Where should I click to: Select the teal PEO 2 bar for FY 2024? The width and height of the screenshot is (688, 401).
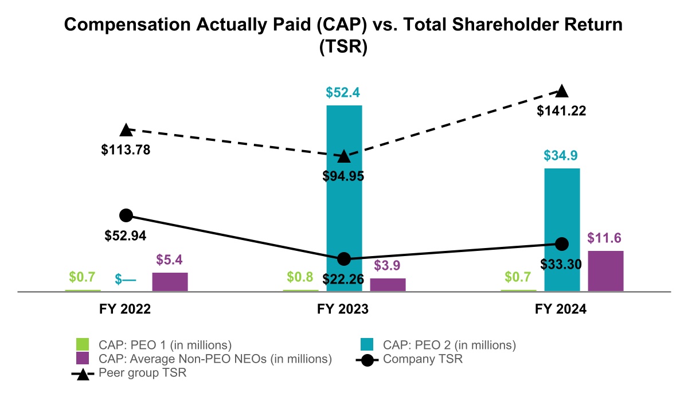562,229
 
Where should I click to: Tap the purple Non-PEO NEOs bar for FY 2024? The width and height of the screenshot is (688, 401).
605,271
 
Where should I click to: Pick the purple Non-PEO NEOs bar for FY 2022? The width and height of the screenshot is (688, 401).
170,282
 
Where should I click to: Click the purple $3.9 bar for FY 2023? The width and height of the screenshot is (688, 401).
388,285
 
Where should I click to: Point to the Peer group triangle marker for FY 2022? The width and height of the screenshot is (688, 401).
126,131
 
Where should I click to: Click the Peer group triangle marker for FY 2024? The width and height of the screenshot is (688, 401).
562,91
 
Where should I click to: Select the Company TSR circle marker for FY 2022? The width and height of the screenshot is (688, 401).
126,215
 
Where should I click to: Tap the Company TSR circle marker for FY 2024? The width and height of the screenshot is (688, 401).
562,244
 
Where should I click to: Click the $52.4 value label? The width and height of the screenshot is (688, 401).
344,93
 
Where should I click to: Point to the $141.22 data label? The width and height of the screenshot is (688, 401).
561,111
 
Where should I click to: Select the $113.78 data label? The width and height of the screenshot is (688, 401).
126,151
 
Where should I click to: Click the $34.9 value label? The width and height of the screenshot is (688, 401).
562,156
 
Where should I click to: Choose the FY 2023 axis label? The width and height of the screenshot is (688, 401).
343,310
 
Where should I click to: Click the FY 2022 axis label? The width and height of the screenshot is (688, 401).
125,310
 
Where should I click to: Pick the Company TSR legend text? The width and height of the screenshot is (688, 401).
423,360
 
